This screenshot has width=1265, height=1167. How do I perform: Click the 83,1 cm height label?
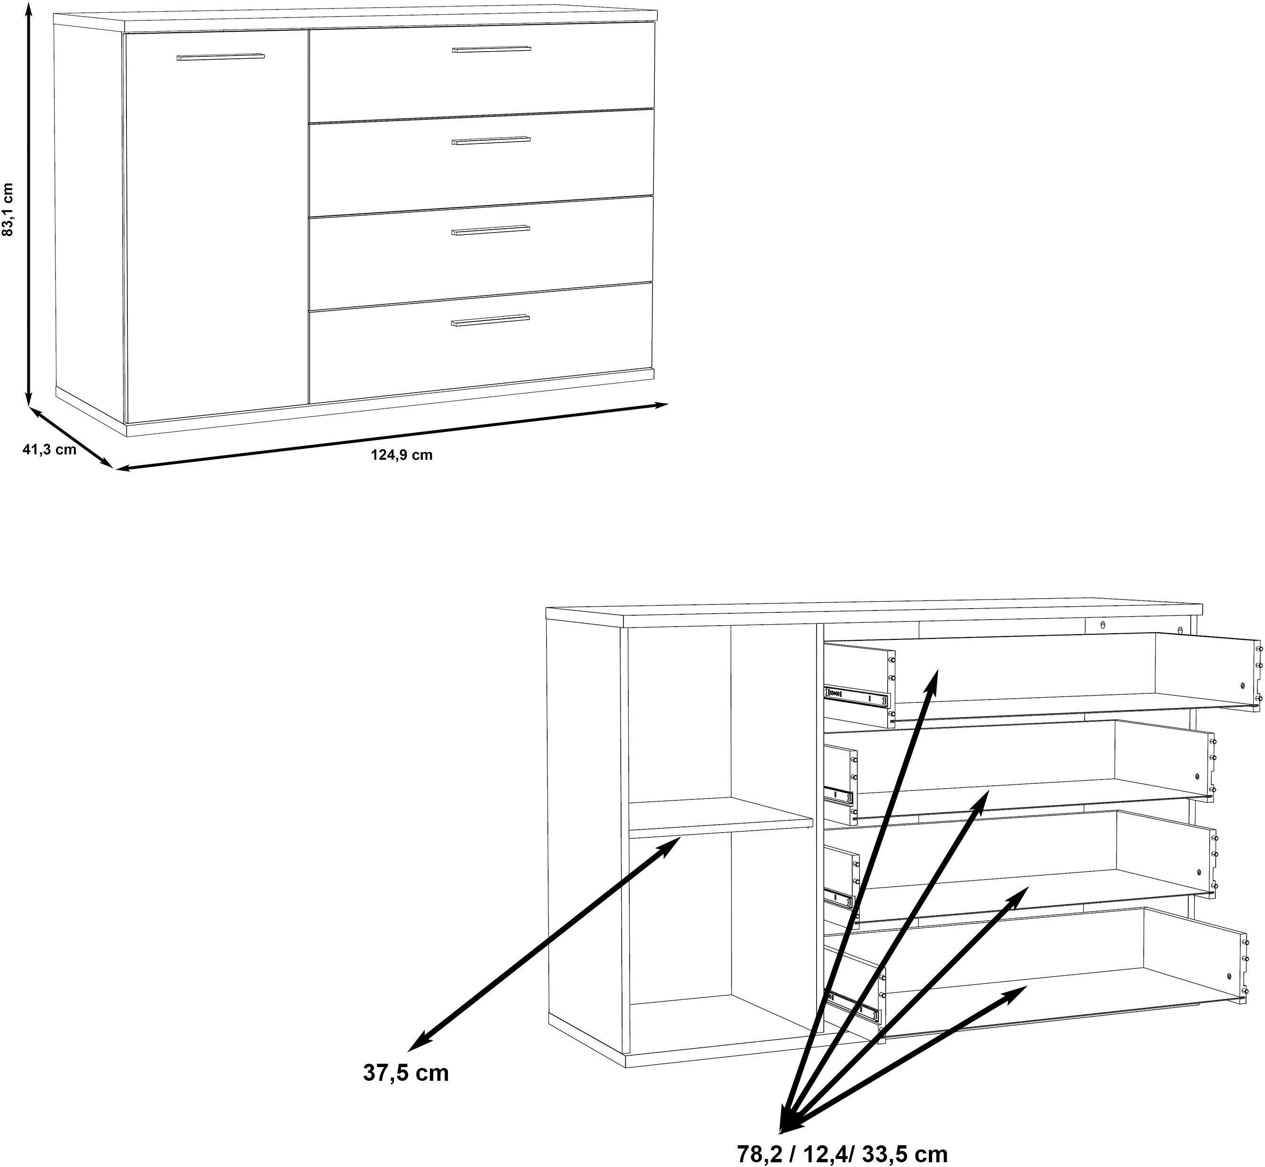(x=8, y=210)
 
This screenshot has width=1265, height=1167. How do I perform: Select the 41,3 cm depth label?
(x=49, y=449)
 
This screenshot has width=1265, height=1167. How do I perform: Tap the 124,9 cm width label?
(x=401, y=455)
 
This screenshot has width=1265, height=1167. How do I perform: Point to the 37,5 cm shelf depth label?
(x=406, y=1072)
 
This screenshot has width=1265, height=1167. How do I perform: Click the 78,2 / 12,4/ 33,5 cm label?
(x=843, y=1154)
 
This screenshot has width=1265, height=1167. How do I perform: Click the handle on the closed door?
(x=220, y=57)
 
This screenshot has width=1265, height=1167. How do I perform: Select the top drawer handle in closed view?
(x=491, y=49)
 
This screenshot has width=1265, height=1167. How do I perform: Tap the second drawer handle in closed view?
(x=491, y=140)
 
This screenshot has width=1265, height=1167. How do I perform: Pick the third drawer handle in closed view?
(x=490, y=231)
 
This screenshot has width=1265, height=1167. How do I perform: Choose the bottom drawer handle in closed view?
(x=490, y=322)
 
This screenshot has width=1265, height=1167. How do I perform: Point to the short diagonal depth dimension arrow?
(x=71, y=438)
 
